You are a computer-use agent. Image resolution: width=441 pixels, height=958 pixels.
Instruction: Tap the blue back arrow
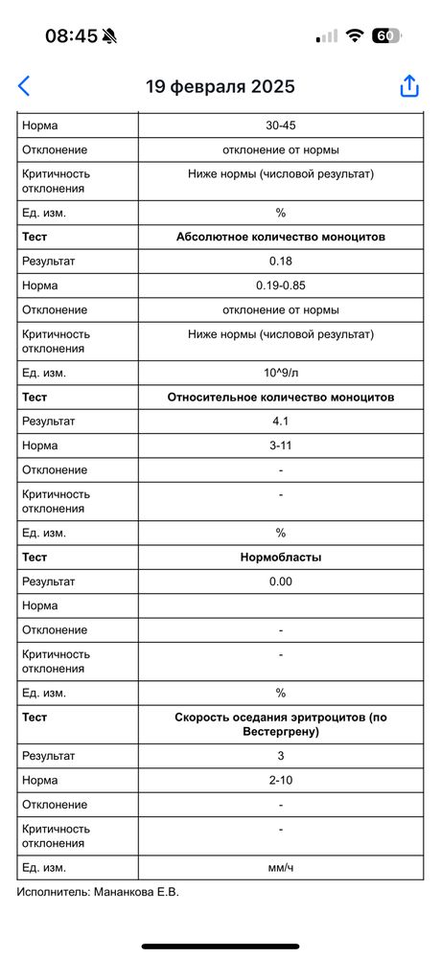tap(24, 85)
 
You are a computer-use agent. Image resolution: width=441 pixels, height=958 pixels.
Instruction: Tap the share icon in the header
tap(409, 85)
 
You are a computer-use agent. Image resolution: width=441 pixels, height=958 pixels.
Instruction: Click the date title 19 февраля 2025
tap(220, 86)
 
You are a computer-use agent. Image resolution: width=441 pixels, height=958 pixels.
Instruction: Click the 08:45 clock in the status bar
tap(71, 36)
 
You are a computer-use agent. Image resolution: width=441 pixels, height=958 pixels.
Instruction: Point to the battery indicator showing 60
tap(385, 36)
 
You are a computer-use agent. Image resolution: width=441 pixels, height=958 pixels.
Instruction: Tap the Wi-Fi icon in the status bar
tap(355, 36)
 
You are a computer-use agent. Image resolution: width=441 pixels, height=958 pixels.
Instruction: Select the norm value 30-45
tap(281, 125)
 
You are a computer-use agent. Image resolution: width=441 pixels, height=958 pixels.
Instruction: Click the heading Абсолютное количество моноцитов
tap(281, 237)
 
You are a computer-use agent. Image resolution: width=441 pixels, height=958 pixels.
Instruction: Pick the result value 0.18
tap(281, 262)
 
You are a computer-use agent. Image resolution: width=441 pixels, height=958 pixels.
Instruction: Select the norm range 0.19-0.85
tap(281, 285)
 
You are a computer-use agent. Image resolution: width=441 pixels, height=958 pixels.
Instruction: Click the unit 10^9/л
tap(281, 373)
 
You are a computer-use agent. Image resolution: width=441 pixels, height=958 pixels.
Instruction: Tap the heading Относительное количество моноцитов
tap(281, 397)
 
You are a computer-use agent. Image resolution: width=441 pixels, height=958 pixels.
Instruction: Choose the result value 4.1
tap(281, 422)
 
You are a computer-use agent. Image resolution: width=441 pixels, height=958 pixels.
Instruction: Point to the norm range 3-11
tap(281, 445)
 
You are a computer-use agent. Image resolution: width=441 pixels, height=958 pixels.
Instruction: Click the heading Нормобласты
tap(281, 557)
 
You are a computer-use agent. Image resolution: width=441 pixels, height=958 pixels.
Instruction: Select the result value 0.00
tap(281, 582)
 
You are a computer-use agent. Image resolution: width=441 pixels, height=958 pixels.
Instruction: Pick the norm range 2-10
tap(281, 781)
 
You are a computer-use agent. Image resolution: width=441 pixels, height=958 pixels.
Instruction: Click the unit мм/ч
tap(281, 867)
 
